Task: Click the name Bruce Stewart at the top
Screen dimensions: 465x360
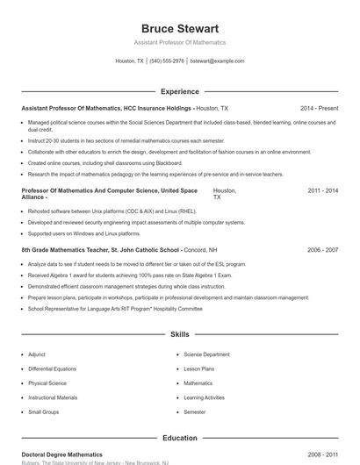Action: pyautogui.click(x=180, y=29)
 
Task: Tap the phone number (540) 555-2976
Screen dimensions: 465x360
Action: pyautogui.click(x=167, y=61)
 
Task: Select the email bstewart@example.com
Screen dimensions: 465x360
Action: pyautogui.click(x=217, y=61)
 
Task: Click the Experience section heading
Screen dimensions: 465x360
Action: pyautogui.click(x=179, y=91)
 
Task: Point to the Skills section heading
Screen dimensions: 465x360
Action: pyautogui.click(x=179, y=334)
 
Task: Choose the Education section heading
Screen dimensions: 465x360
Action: pyautogui.click(x=179, y=437)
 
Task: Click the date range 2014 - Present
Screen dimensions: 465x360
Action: pyautogui.click(x=319, y=108)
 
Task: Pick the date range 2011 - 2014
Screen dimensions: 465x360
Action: pyautogui.click(x=323, y=190)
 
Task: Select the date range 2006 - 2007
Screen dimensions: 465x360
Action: pyautogui.click(x=323, y=250)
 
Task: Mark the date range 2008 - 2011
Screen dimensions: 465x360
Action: pyautogui.click(x=323, y=454)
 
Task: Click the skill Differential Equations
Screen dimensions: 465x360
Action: pyautogui.click(x=52, y=368)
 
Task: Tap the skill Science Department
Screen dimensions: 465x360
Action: pyautogui.click(x=206, y=354)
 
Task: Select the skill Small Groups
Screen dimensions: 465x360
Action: pyautogui.click(x=43, y=411)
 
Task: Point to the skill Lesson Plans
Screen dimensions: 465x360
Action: pyautogui.click(x=198, y=368)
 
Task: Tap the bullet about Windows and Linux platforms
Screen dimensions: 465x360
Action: pyautogui.click(x=84, y=234)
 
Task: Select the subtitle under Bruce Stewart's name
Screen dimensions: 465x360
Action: pyautogui.click(x=180, y=42)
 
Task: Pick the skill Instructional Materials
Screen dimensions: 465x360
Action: pyautogui.click(x=53, y=397)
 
